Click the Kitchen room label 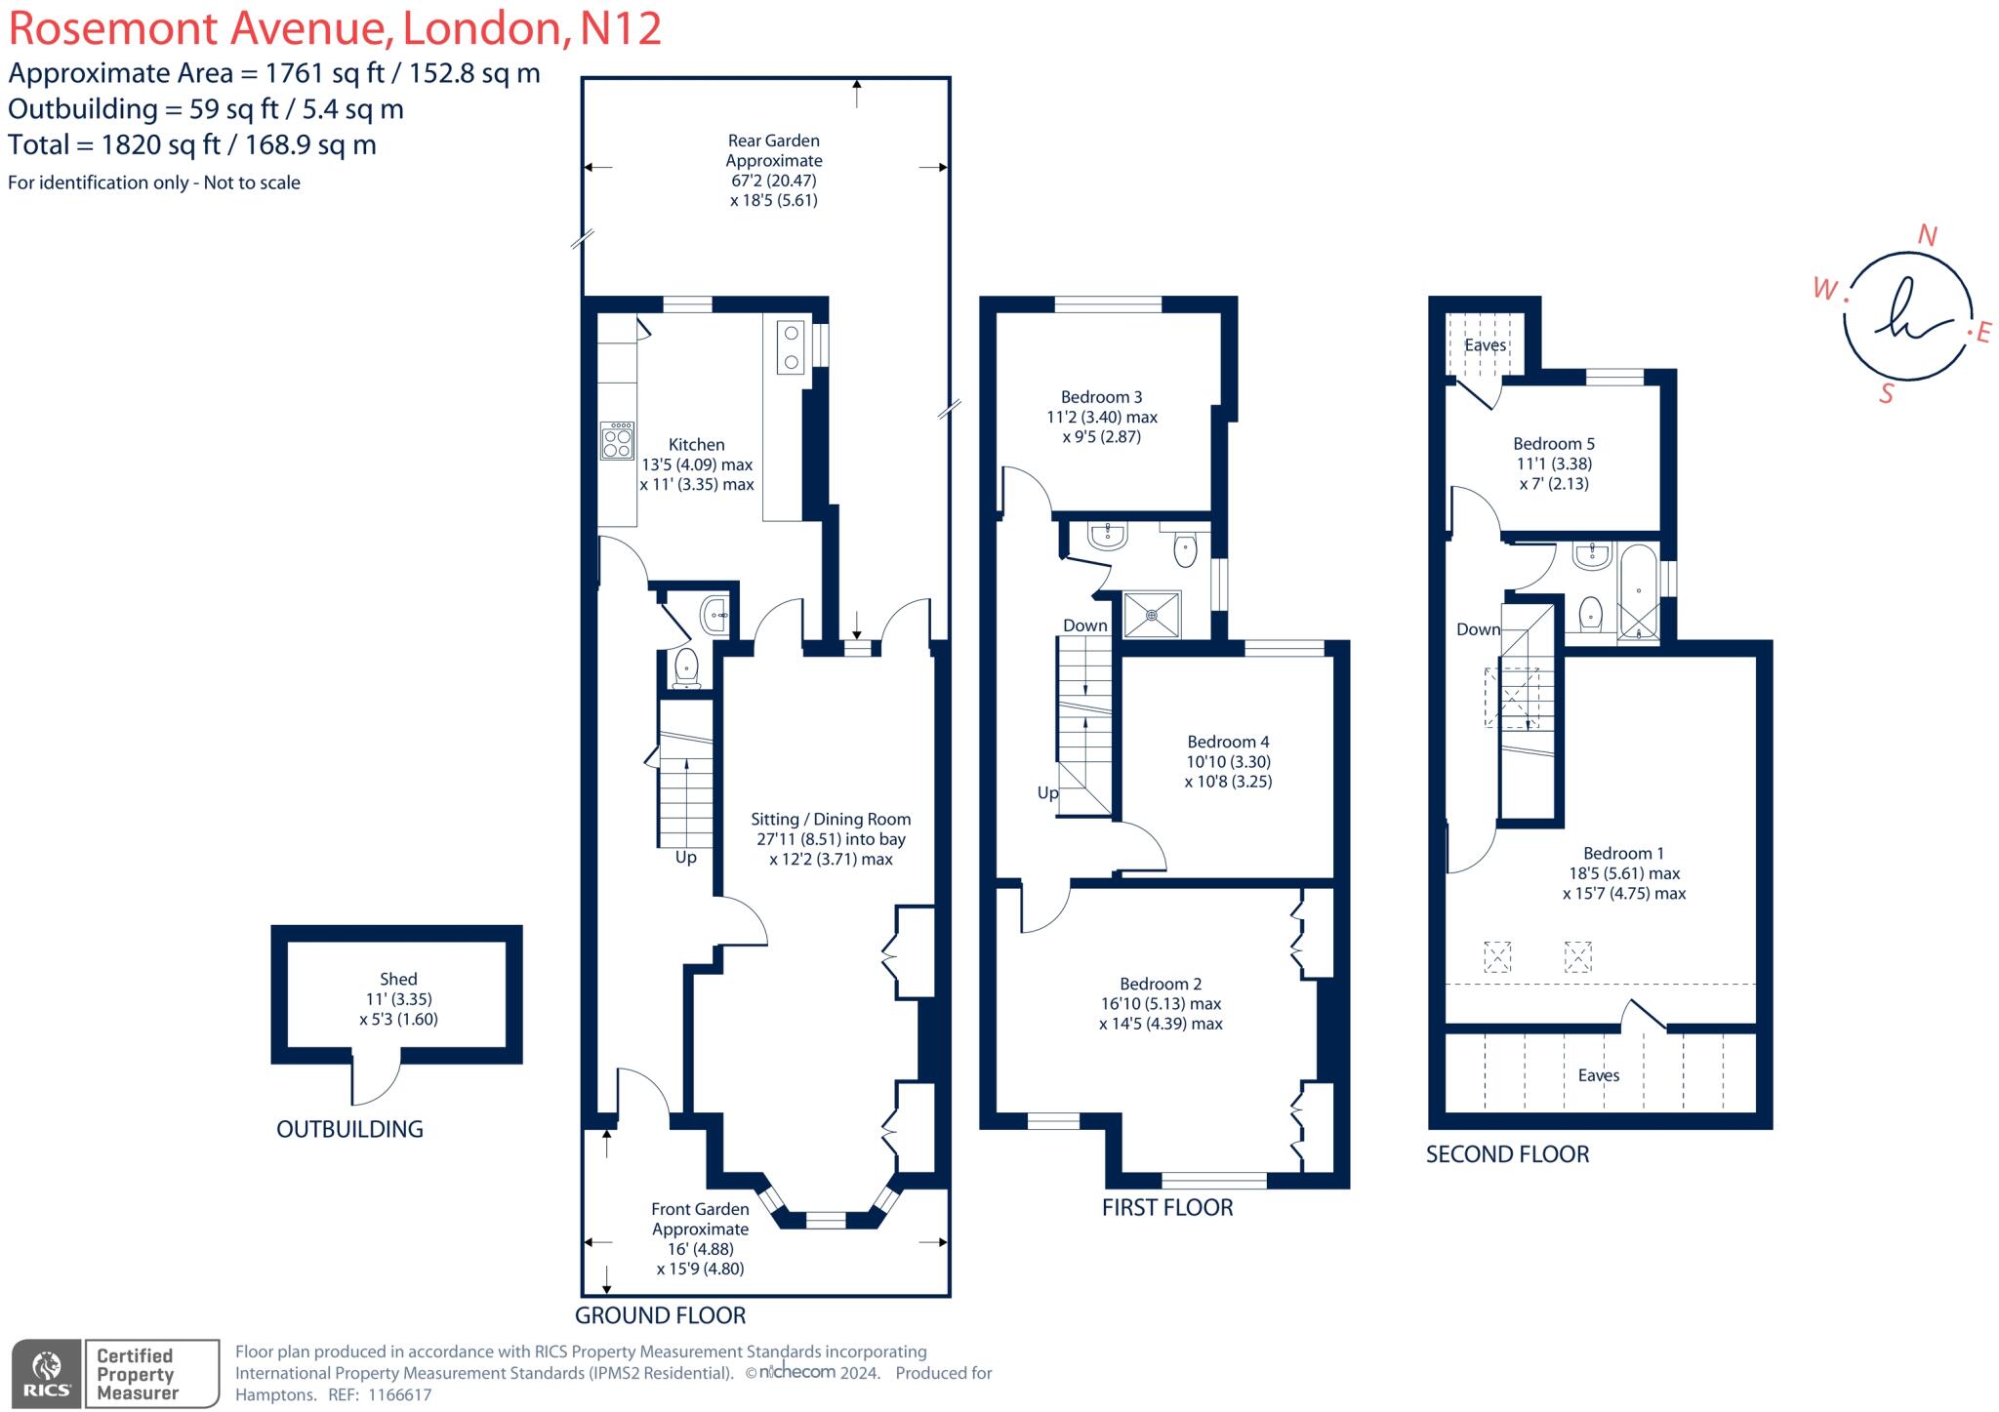coord(696,444)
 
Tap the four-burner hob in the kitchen coord(617,441)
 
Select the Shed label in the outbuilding coord(398,979)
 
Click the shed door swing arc coord(377,1082)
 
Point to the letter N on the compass coord(1927,235)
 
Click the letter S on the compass coord(1887,394)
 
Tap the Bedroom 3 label coord(1101,397)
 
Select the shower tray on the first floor coord(1152,615)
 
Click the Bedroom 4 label coord(1228,742)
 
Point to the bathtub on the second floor coord(1638,592)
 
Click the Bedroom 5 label coord(1554,444)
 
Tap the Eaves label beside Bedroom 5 coord(1485,345)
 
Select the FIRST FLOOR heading coord(1167,1207)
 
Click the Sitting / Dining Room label coord(831,820)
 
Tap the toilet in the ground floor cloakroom coord(687,668)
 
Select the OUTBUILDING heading coord(349,1129)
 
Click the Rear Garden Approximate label coord(774,150)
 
